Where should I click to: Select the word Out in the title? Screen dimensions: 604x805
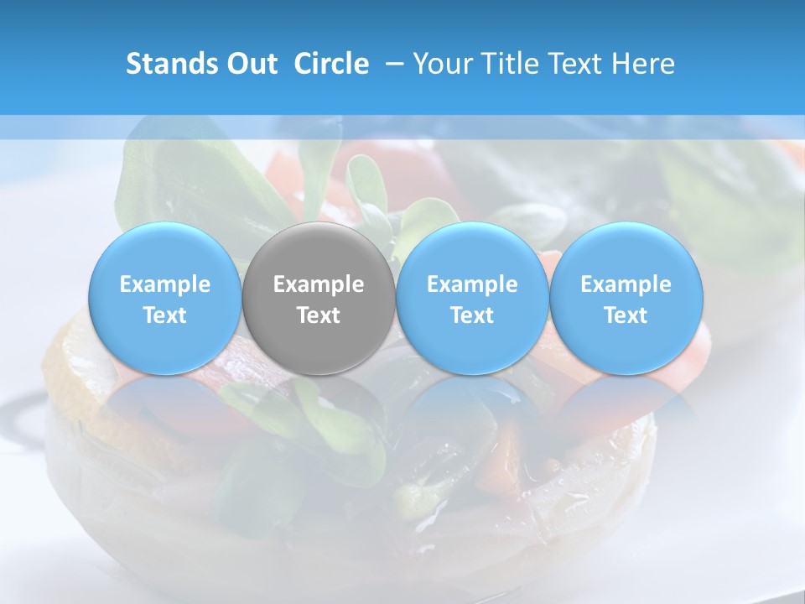[250, 64]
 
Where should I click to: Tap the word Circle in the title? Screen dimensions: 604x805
[331, 64]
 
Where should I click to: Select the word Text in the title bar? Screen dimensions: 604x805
[578, 64]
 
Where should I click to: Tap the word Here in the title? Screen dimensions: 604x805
[644, 64]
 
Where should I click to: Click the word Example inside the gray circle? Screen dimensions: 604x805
[319, 284]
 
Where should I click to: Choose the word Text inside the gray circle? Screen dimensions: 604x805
[319, 315]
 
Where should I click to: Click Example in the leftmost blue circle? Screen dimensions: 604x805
[165, 284]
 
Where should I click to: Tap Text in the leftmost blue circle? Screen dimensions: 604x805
[165, 315]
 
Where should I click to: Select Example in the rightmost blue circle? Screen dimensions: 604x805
[626, 284]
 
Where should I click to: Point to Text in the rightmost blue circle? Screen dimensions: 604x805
[626, 315]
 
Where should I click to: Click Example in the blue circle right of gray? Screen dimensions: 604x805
[472, 284]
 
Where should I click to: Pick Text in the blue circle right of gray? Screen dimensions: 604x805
[472, 315]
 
